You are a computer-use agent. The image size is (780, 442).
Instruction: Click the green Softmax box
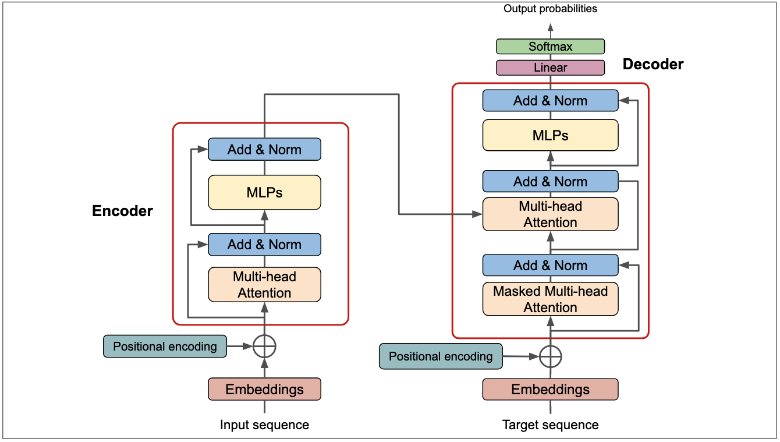(550, 47)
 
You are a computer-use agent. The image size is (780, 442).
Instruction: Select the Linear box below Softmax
(550, 68)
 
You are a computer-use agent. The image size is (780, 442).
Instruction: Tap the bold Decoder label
(653, 64)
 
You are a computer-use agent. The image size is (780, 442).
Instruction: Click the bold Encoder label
(122, 211)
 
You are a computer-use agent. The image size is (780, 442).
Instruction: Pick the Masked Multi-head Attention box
(550, 299)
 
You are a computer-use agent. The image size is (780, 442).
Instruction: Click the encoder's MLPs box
(264, 192)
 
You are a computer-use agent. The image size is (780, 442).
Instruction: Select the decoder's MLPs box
(550, 136)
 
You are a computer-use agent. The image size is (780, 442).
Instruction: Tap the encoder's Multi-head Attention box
(264, 285)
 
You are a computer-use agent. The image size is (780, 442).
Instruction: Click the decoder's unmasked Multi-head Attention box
(550, 214)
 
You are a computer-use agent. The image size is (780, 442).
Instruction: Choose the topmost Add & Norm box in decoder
(550, 101)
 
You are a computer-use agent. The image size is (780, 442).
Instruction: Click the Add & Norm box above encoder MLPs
(264, 150)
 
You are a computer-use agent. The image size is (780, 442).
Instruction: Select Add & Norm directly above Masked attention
(550, 266)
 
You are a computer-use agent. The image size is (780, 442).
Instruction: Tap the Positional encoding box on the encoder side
(165, 346)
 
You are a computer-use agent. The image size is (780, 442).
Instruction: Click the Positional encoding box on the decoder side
(441, 356)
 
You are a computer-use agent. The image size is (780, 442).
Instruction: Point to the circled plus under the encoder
(265, 346)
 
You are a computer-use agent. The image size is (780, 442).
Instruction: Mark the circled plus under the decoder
(550, 356)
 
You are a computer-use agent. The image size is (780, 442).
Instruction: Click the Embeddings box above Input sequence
(264, 390)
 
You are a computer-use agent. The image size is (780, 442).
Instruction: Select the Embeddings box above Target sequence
(550, 390)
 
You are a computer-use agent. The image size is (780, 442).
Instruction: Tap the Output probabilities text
(550, 9)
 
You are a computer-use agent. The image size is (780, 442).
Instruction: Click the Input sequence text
(264, 425)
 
